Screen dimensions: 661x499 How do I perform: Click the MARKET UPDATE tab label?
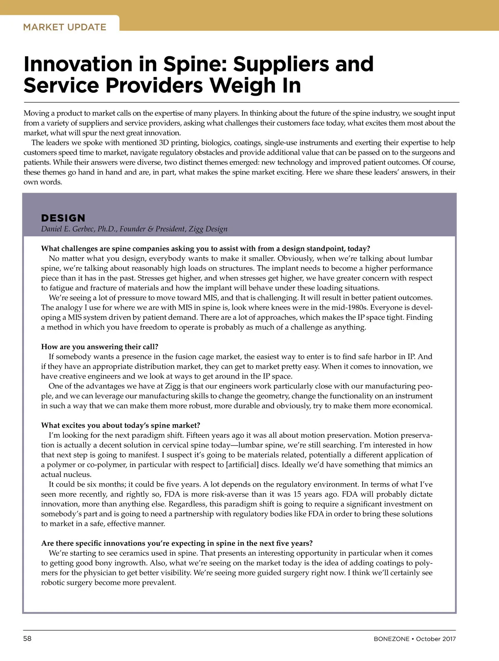coord(64,27)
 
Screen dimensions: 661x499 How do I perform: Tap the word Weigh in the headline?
coord(237,85)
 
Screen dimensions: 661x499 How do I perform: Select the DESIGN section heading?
coord(63,218)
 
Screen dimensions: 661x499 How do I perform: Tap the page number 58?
coord(27,639)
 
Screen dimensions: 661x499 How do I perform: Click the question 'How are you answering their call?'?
coord(99,347)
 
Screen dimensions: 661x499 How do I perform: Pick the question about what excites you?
coord(121,425)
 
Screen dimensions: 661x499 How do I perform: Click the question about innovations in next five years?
coord(177,543)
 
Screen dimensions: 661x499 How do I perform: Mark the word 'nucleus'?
coord(78,475)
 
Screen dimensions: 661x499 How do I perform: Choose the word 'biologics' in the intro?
coord(216,143)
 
